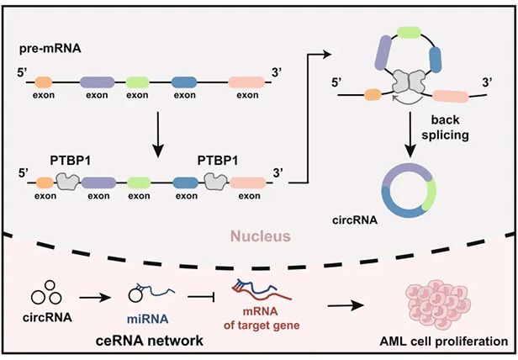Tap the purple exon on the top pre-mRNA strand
98,82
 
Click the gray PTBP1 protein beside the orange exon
68,180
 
